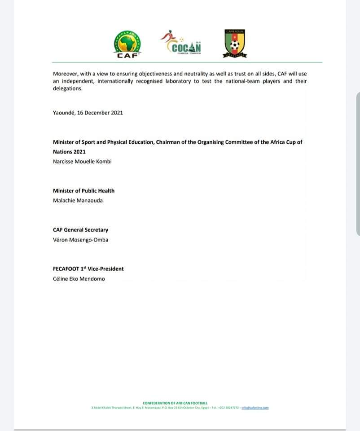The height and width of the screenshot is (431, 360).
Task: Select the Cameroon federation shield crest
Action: [235, 43]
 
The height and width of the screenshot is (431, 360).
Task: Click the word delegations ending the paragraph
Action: [68, 88]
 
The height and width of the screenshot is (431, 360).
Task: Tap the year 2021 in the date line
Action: [116, 113]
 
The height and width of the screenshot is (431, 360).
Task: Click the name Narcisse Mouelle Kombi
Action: [82, 161]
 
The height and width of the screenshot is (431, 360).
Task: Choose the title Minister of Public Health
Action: [83, 191]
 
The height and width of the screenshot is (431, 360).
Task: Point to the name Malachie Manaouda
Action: [78, 200]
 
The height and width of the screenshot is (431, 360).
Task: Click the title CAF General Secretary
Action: [80, 230]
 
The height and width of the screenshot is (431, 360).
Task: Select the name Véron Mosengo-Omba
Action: [80, 240]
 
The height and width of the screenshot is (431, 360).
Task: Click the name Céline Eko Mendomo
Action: [79, 279]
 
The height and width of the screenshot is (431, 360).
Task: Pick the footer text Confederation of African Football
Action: [175, 404]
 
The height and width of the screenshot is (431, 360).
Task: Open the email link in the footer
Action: [255, 408]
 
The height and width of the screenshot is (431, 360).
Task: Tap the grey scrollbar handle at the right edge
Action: [358, 164]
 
